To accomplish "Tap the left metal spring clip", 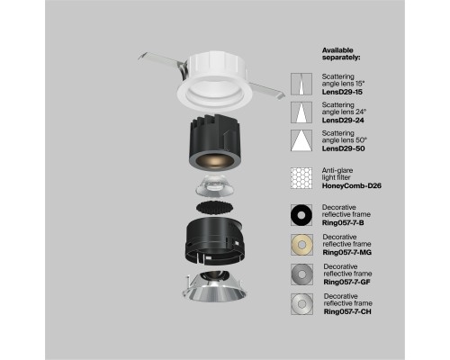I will (x=157, y=58).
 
